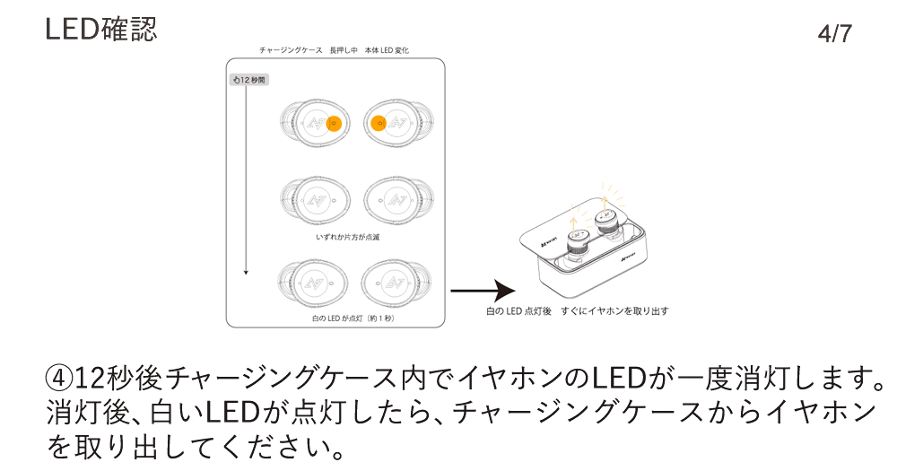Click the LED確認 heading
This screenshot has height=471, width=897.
coord(100,29)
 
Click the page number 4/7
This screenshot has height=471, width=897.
coord(834,34)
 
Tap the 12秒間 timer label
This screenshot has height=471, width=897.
coord(249,80)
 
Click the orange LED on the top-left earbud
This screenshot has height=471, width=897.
coord(334,123)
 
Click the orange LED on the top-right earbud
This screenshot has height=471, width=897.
coord(378,123)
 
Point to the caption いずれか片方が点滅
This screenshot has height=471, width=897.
coord(348,237)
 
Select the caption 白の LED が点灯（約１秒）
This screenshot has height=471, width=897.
coord(353,318)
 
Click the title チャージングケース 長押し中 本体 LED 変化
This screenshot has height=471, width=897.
coord(334,50)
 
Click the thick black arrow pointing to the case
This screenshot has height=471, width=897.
coord(483,291)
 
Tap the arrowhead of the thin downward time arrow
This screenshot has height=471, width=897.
coord(246,273)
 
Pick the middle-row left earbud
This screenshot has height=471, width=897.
coord(315,200)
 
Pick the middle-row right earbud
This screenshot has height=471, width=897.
coord(399,200)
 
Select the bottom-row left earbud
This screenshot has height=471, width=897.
coord(312,283)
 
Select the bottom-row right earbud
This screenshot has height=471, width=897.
coord(396,283)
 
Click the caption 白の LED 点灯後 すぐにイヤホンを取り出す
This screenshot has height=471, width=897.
coord(577,311)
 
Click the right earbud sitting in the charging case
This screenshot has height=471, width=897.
coord(606,224)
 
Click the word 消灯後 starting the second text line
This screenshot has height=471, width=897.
coord(89,412)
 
